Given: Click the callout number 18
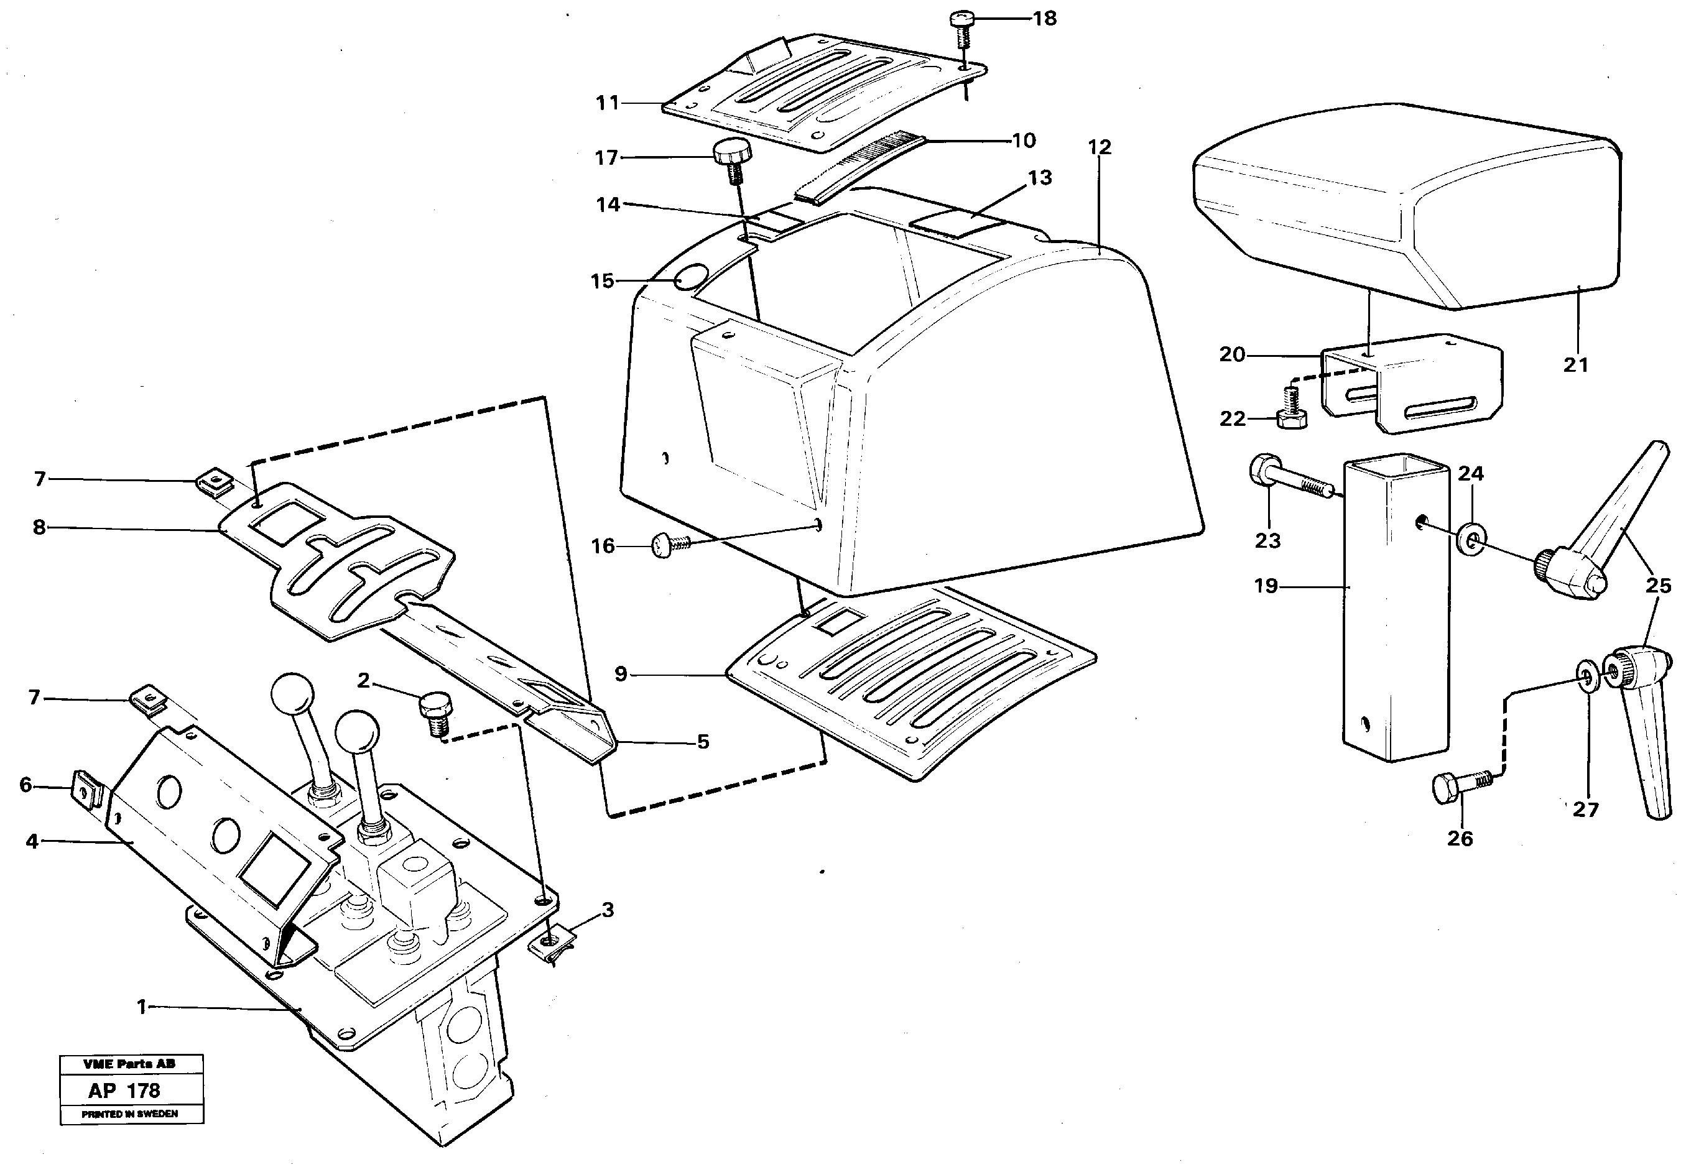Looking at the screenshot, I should click(x=1045, y=19).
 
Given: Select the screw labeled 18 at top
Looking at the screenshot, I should click(x=961, y=27).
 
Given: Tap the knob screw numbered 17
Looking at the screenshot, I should click(x=732, y=161).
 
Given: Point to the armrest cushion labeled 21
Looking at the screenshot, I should click(x=1404, y=208).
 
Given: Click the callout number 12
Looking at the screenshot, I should click(x=1100, y=148).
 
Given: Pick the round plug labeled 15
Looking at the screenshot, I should click(x=690, y=278).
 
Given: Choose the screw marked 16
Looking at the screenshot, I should click(x=670, y=544).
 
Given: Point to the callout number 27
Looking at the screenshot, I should click(x=1586, y=810).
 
